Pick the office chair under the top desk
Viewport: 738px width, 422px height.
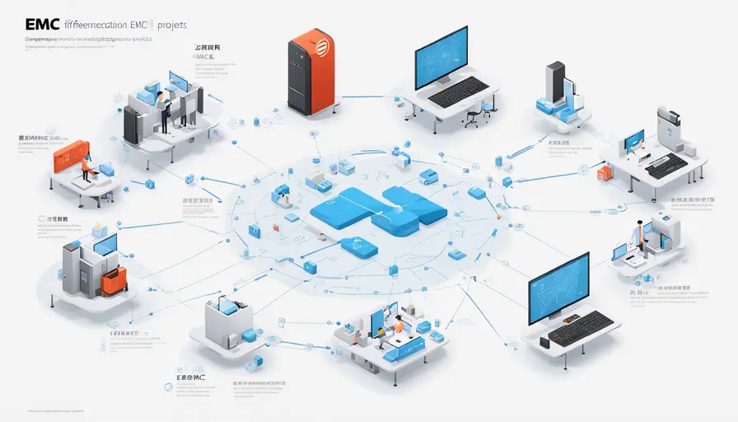[x=472, y=116]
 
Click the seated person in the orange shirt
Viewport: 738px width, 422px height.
[x=398, y=326]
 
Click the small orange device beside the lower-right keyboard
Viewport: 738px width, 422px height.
[x=544, y=340]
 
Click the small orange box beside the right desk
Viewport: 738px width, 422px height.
[x=605, y=171]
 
